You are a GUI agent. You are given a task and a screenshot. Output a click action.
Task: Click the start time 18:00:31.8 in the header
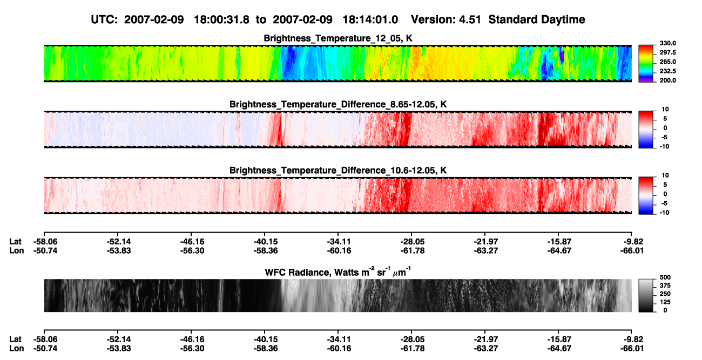(x=221, y=20)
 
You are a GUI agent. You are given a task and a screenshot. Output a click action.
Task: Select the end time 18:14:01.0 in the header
(x=370, y=20)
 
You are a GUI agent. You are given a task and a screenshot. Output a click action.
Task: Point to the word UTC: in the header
(x=104, y=20)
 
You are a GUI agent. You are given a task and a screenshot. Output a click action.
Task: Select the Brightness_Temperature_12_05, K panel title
(x=338, y=38)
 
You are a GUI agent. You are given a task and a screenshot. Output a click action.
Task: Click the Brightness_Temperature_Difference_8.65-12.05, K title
(x=338, y=104)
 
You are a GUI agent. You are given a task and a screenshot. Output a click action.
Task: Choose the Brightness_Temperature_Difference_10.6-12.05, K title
(x=338, y=171)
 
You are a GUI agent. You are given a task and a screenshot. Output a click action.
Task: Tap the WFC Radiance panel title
(x=338, y=272)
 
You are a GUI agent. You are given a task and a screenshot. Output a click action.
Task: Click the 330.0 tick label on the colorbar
(x=667, y=43)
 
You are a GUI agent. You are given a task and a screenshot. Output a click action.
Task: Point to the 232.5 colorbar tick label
(x=667, y=71)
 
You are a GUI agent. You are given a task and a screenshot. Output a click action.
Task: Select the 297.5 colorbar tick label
(x=667, y=52)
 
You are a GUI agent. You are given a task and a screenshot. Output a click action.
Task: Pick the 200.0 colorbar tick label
(x=667, y=80)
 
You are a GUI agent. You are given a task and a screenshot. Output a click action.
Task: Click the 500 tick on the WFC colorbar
(x=665, y=277)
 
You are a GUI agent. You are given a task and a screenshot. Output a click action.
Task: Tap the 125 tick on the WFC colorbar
(x=665, y=302)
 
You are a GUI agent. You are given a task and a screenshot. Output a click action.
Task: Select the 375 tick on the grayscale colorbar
(x=665, y=286)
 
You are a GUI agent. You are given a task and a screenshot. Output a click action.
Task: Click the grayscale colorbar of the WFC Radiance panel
(x=646, y=295)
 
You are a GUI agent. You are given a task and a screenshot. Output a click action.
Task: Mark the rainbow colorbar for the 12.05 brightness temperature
(x=646, y=64)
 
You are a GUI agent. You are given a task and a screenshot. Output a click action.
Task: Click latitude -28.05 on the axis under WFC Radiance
(x=412, y=339)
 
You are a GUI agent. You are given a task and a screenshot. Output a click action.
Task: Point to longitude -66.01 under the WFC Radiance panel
(x=632, y=349)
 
